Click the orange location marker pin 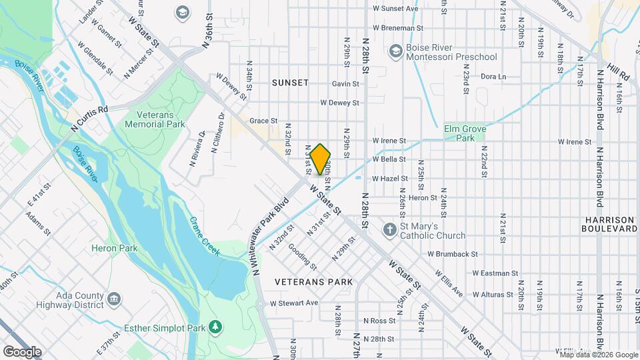tap(321, 159)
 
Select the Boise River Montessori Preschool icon tap(395, 51)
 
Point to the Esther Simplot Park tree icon tap(215, 326)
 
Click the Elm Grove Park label tap(461, 133)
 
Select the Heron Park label tap(115, 248)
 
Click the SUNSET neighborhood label tap(290, 83)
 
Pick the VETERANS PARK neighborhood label tap(314, 282)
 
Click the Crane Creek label tap(205, 235)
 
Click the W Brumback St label tap(453, 254)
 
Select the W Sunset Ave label tap(395, 9)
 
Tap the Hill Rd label tap(619, 72)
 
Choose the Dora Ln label tap(493, 77)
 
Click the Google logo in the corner tap(22, 351)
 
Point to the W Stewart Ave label tap(293, 303)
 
